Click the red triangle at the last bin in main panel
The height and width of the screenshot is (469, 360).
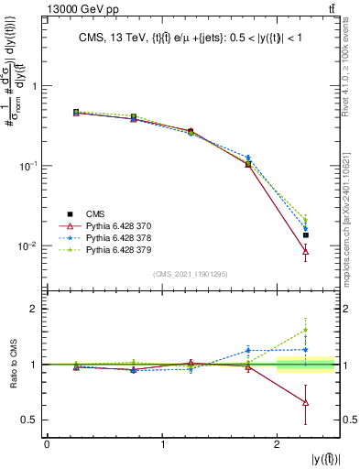click(305, 251)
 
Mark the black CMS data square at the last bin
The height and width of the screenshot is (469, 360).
click(305, 235)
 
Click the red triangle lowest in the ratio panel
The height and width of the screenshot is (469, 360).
click(305, 403)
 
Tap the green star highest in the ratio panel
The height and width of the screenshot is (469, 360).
click(305, 330)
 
